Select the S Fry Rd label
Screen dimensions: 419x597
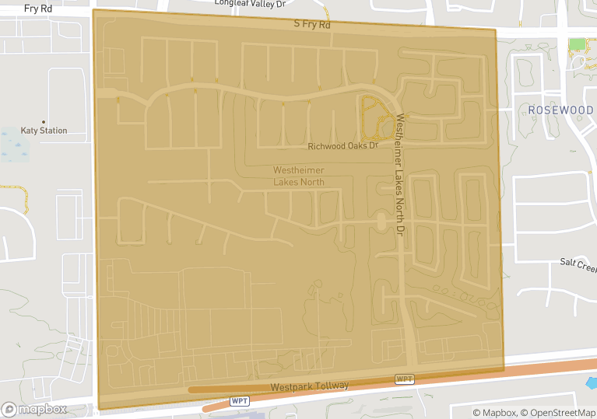[312, 25]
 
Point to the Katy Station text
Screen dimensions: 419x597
[44, 131]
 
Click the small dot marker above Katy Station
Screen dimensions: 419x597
[44, 121]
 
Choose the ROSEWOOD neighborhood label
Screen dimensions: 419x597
[560, 110]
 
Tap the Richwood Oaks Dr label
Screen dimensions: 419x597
[342, 145]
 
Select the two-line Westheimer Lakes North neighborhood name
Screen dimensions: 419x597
[298, 176]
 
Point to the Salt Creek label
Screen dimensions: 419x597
[578, 264]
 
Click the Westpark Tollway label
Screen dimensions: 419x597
[310, 386]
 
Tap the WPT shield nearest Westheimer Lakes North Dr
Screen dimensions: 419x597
[404, 379]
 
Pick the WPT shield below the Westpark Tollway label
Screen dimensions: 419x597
[239, 401]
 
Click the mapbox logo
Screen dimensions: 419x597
[34, 409]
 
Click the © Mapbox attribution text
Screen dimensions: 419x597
[495, 413]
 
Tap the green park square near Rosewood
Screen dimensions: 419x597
[577, 44]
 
